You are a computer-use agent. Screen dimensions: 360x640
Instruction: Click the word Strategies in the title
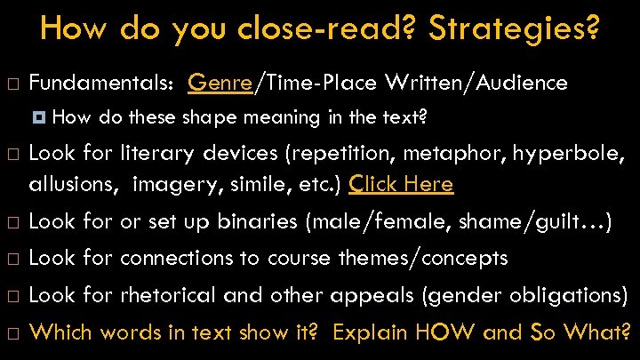[513, 28]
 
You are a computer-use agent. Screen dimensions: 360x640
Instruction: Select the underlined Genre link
[220, 83]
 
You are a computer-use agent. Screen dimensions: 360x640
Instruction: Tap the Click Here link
[401, 184]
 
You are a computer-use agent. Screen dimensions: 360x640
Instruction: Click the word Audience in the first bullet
[524, 83]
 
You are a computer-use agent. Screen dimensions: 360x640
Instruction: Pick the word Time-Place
[319, 83]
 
